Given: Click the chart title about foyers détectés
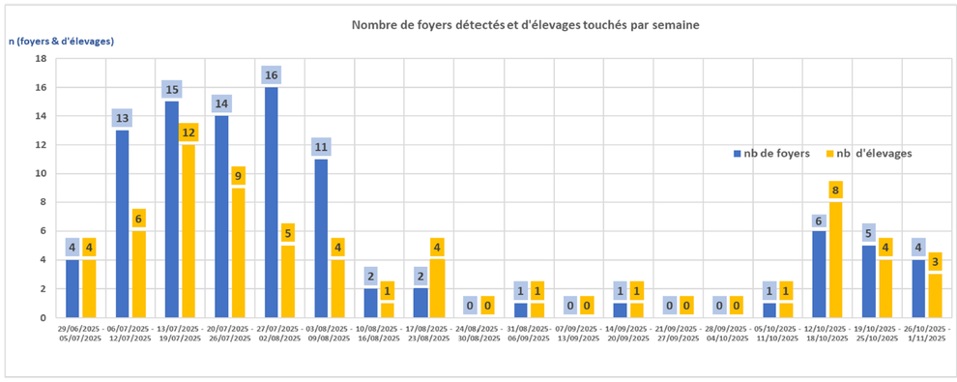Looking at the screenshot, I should point(525,23).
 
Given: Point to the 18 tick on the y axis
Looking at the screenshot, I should point(41,59).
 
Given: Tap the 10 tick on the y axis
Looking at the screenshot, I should point(41,174).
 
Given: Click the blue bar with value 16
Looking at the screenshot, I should point(272,203).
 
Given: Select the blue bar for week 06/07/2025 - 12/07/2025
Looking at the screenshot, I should point(122,224).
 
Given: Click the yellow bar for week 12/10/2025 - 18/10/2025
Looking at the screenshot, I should point(835,259).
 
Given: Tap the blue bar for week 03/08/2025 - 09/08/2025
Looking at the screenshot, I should point(321,239).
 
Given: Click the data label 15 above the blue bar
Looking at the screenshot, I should point(171,90).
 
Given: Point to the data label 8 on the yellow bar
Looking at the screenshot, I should point(835,191).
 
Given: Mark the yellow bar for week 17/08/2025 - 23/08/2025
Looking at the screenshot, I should point(437,288).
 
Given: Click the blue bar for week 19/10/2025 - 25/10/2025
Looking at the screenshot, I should point(869,281).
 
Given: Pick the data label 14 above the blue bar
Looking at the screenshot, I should point(221,104).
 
